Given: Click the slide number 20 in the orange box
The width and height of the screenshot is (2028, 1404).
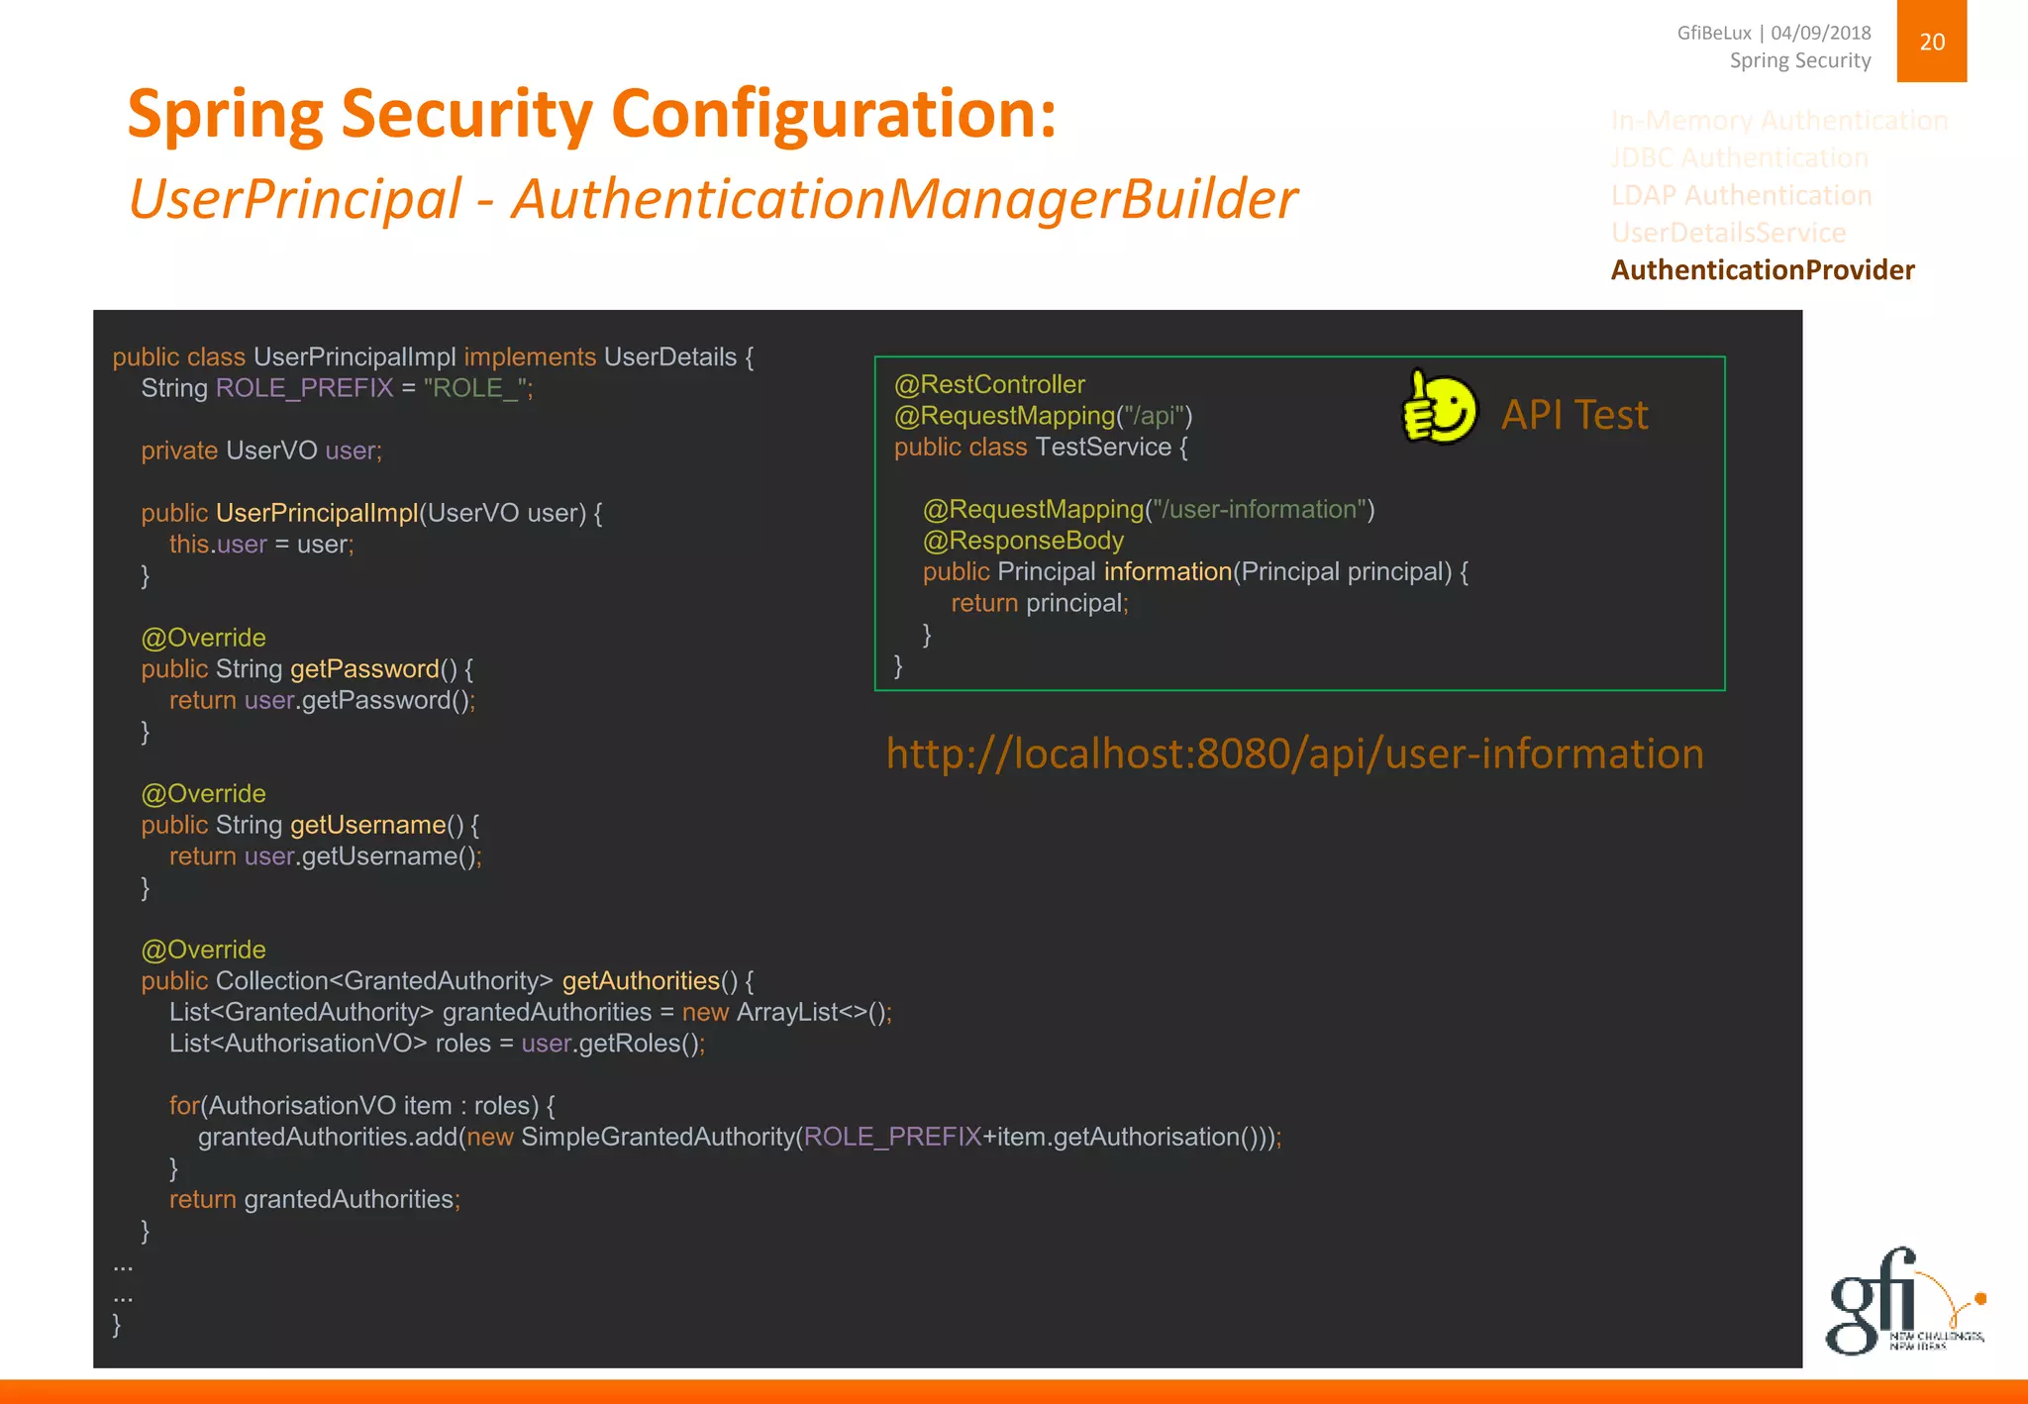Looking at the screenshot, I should tap(1931, 42).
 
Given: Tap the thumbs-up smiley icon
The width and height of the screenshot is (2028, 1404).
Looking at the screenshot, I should tap(1439, 408).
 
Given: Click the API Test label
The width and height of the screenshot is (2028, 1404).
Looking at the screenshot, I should tap(1574, 415).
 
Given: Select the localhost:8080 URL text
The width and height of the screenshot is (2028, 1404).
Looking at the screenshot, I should tap(1294, 754).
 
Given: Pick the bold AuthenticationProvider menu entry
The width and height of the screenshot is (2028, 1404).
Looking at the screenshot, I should tap(1763, 270).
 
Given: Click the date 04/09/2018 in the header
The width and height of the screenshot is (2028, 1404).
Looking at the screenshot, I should tap(1820, 33).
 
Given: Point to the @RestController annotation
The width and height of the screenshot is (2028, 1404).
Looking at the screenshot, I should tap(989, 384).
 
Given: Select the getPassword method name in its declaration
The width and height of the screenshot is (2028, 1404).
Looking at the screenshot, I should tap(364, 669).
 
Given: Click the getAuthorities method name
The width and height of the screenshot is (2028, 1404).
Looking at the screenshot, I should tap(641, 981).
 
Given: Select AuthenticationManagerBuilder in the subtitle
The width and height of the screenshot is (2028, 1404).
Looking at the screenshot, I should tap(903, 199).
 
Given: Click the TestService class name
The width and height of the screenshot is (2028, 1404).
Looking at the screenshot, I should tap(1103, 448).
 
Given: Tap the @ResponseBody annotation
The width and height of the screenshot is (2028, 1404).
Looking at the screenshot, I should tap(1023, 541).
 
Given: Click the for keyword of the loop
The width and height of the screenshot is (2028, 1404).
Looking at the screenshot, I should tap(183, 1106).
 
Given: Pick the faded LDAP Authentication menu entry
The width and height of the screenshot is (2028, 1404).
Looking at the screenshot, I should tap(1741, 195).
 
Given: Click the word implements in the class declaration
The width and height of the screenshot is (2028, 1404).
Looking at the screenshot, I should tap(530, 357).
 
